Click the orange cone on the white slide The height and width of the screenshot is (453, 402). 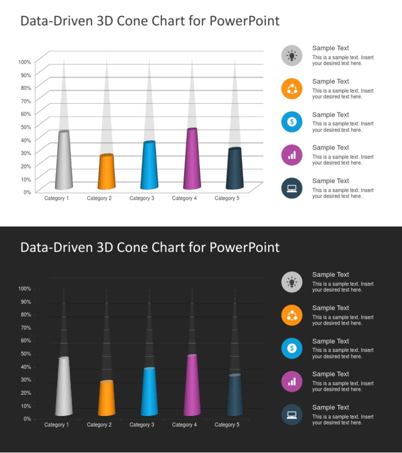click(x=106, y=172)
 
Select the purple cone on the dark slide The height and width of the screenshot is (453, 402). click(x=192, y=386)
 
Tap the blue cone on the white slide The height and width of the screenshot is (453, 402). click(x=149, y=166)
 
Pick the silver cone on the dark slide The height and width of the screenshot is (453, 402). click(x=64, y=387)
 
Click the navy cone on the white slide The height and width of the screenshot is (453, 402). click(x=234, y=169)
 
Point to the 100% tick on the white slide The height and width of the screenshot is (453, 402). click(x=25, y=62)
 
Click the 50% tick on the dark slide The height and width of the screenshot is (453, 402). click(x=25, y=354)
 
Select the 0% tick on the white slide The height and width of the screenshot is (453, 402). click(x=27, y=192)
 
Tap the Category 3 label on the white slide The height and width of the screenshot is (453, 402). click(x=142, y=198)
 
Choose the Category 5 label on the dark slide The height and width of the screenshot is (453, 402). click(x=227, y=425)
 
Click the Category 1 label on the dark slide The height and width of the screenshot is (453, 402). click(x=57, y=425)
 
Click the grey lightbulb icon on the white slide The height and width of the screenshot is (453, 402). click(x=292, y=55)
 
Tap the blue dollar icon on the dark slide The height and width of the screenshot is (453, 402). click(x=292, y=348)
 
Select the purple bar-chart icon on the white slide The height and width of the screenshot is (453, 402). click(x=292, y=155)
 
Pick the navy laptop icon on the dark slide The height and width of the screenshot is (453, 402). click(x=292, y=414)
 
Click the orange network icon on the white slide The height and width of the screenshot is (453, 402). click(x=292, y=88)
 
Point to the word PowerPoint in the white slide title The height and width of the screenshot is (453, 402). click(x=244, y=21)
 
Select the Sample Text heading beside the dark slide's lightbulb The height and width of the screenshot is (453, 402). click(x=330, y=275)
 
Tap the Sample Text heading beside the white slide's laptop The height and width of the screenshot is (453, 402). click(x=330, y=181)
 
